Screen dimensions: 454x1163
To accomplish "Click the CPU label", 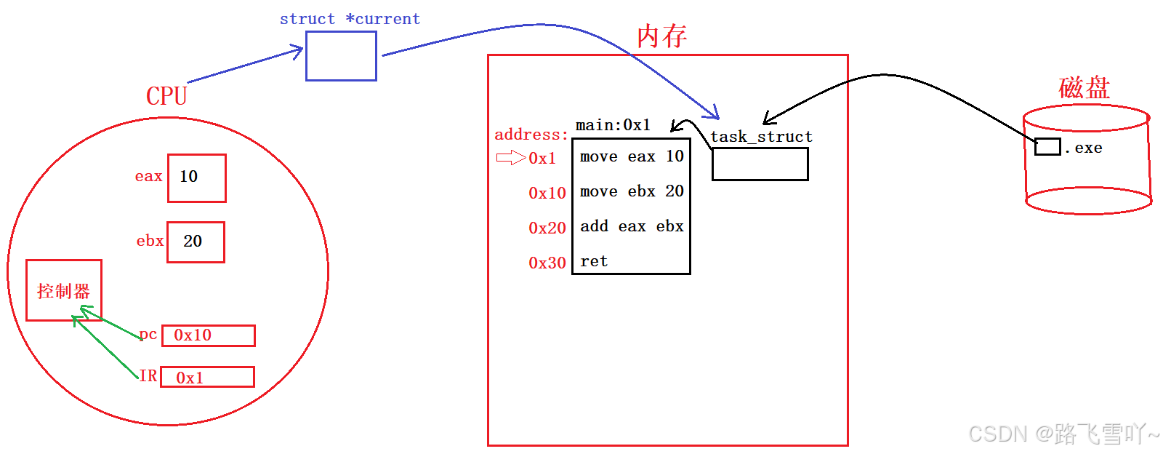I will [x=166, y=96].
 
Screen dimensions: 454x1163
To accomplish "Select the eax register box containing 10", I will [x=196, y=178].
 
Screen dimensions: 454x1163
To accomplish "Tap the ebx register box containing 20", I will [x=196, y=242].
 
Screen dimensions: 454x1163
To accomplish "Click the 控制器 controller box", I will [x=64, y=290].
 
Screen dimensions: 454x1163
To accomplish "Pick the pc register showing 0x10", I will [x=208, y=335].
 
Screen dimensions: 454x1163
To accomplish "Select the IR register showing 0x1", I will [x=207, y=377].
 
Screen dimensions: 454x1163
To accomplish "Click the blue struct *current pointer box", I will [x=341, y=56].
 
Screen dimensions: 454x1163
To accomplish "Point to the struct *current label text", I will [x=350, y=19].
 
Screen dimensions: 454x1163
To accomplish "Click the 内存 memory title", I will [x=661, y=36].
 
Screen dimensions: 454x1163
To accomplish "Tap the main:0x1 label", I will [x=613, y=125].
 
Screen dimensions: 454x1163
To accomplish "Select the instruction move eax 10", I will [x=631, y=156].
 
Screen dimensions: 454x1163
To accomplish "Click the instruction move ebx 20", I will [x=631, y=191].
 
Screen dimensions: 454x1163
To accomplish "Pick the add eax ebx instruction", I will [x=631, y=226].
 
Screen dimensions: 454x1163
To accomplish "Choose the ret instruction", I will [x=594, y=261].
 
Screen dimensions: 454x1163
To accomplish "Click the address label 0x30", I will [x=547, y=263].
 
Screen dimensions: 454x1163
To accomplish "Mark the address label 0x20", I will [x=547, y=228].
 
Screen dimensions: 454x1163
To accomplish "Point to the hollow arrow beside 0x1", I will [x=510, y=158].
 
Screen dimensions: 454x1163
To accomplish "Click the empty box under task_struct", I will [x=760, y=164].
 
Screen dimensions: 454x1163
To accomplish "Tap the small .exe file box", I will [x=1047, y=146].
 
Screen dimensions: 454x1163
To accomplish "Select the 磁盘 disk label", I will [x=1084, y=88].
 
